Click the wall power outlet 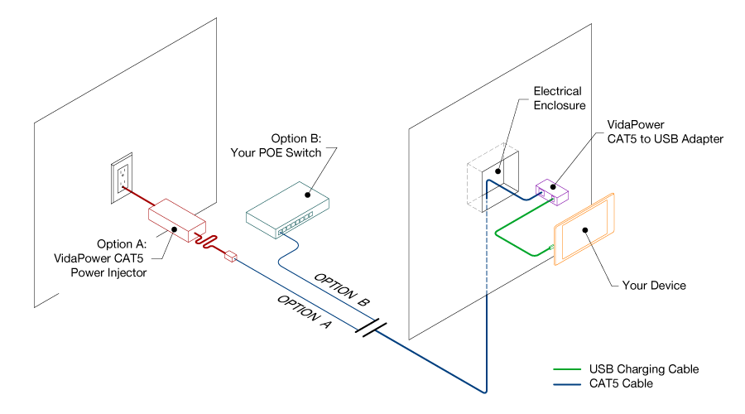point(122,178)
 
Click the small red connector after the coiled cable point(230,257)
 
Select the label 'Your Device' point(653,286)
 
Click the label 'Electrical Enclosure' point(559,99)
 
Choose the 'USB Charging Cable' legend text point(643,369)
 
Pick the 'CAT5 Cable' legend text point(621,383)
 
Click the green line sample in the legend point(567,369)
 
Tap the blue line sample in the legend point(567,383)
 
